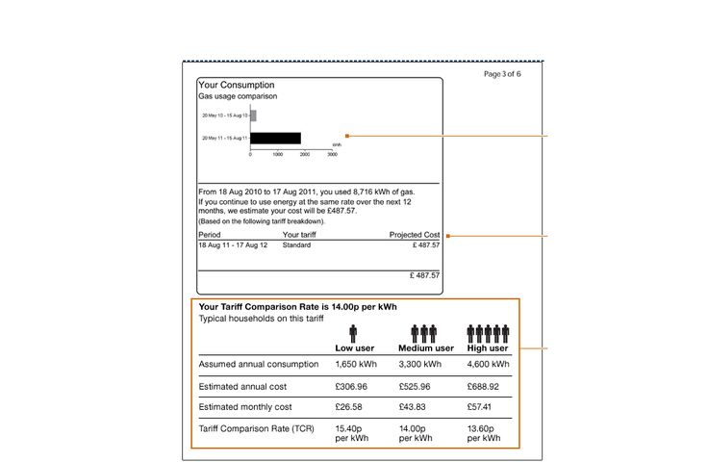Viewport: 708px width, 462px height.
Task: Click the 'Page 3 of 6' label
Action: pos(502,74)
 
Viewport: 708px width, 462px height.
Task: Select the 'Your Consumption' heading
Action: pos(236,86)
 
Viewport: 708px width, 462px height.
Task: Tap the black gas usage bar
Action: pos(276,139)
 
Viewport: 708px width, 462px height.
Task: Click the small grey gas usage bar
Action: pos(253,115)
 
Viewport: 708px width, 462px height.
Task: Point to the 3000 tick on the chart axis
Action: pos(332,154)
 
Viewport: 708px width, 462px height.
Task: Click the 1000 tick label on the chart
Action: pos(278,154)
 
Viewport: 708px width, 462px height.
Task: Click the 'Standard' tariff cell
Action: pos(296,245)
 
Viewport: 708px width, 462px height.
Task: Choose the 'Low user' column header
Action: pos(354,347)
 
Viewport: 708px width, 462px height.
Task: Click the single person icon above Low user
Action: pos(353,333)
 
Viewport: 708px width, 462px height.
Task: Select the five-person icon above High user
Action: pos(488,333)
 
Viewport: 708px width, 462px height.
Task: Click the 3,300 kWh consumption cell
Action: pos(419,365)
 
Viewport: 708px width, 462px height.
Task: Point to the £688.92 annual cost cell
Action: pos(483,386)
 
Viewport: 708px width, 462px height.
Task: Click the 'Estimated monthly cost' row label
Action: pos(245,407)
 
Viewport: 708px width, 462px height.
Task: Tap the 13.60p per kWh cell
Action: pos(484,433)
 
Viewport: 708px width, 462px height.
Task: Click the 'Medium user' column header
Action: pos(425,347)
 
